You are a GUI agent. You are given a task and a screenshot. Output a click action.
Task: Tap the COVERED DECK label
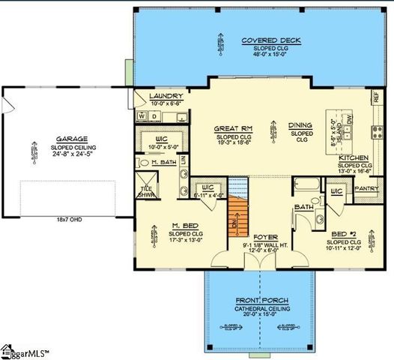click(x=261, y=40)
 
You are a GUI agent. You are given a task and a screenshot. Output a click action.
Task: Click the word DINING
click(x=303, y=126)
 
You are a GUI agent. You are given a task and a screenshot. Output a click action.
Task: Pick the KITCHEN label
click(x=354, y=159)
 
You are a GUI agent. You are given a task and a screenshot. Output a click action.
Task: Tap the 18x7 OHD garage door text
click(x=70, y=220)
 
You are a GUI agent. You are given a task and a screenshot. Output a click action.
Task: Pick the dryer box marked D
click(x=155, y=116)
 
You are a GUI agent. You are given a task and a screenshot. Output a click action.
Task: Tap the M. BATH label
click(x=164, y=162)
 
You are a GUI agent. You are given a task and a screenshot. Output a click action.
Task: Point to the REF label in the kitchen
click(x=376, y=98)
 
